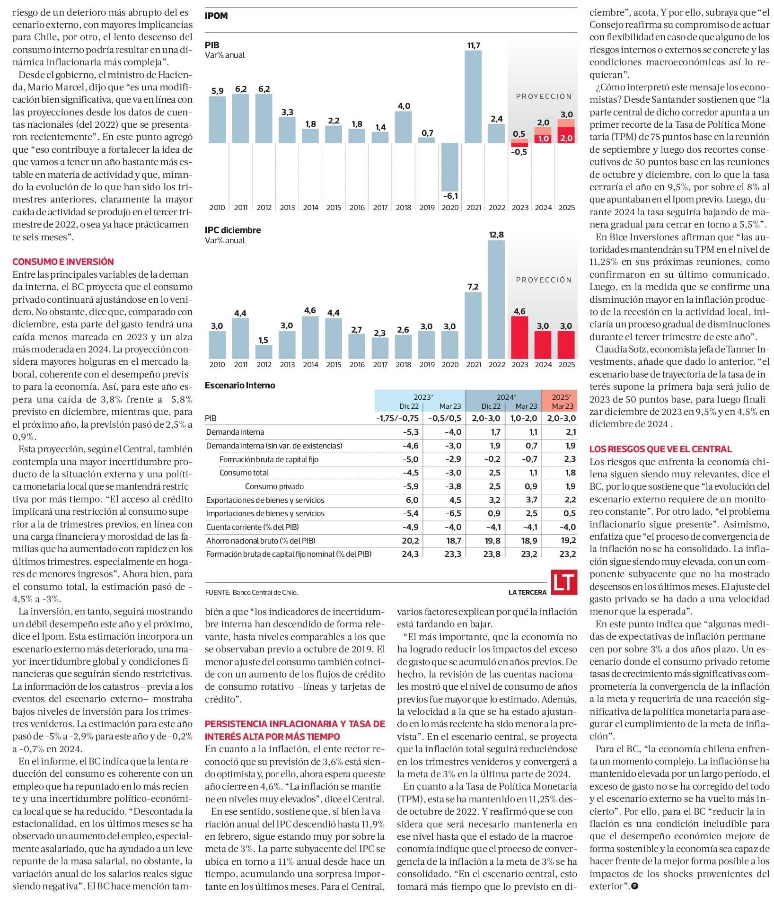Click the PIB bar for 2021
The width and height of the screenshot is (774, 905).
[x=473, y=97]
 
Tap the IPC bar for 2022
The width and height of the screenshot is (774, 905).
[x=496, y=299]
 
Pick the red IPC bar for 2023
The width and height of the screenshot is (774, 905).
[x=519, y=337]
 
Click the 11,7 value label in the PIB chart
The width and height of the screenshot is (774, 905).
[x=474, y=45]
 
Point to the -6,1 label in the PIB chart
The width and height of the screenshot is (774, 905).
[x=450, y=196]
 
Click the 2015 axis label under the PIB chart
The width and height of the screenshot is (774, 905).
[x=334, y=207]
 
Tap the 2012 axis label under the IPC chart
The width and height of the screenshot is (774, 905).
[x=264, y=364]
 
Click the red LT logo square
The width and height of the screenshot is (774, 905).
[x=564, y=581]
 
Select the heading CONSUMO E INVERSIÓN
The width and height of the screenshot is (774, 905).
[x=63, y=262]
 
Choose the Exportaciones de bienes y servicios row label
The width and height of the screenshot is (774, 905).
[x=265, y=500]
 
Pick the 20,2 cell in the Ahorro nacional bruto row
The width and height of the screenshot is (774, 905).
[x=410, y=541]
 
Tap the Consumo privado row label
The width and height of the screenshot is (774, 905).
[x=274, y=486]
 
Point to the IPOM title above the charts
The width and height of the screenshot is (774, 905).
[x=216, y=16]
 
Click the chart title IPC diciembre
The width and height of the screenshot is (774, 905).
[x=233, y=230]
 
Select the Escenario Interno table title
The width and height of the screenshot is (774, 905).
[x=240, y=386]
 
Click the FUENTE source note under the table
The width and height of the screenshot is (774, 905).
[x=252, y=592]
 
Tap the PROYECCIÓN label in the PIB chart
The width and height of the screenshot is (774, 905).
[x=544, y=96]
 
